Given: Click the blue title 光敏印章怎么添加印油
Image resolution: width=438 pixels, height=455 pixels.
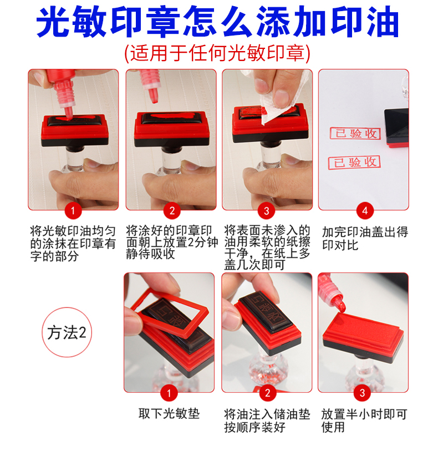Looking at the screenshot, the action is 217,22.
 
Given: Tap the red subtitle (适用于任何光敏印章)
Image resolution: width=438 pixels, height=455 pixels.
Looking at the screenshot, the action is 217,53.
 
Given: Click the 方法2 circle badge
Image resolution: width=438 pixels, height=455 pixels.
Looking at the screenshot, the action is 67,332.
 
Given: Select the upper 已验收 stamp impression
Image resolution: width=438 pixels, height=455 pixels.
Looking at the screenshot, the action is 355,134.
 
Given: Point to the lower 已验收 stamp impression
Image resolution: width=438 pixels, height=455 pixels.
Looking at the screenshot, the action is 354,162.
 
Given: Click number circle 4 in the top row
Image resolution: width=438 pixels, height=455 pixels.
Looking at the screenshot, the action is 365,211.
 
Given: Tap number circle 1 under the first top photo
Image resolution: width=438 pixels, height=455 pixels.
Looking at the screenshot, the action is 73,211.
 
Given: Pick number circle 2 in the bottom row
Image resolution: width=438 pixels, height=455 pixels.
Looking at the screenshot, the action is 267,393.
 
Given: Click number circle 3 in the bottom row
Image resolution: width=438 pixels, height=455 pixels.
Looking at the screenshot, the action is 362,393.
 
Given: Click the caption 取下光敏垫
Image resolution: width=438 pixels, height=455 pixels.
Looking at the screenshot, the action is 169,414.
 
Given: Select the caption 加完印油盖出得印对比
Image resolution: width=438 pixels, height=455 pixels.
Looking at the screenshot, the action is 365,239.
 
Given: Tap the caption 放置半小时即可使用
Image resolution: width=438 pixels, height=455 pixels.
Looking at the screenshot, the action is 364,421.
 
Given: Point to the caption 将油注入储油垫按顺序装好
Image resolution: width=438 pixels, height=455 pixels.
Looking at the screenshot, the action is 267,421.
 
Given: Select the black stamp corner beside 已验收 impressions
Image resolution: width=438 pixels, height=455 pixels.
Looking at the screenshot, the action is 396,128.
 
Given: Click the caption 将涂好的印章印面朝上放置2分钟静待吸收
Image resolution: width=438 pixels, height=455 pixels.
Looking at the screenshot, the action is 172,242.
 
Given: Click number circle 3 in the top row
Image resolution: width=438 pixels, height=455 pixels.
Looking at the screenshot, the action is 266,211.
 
